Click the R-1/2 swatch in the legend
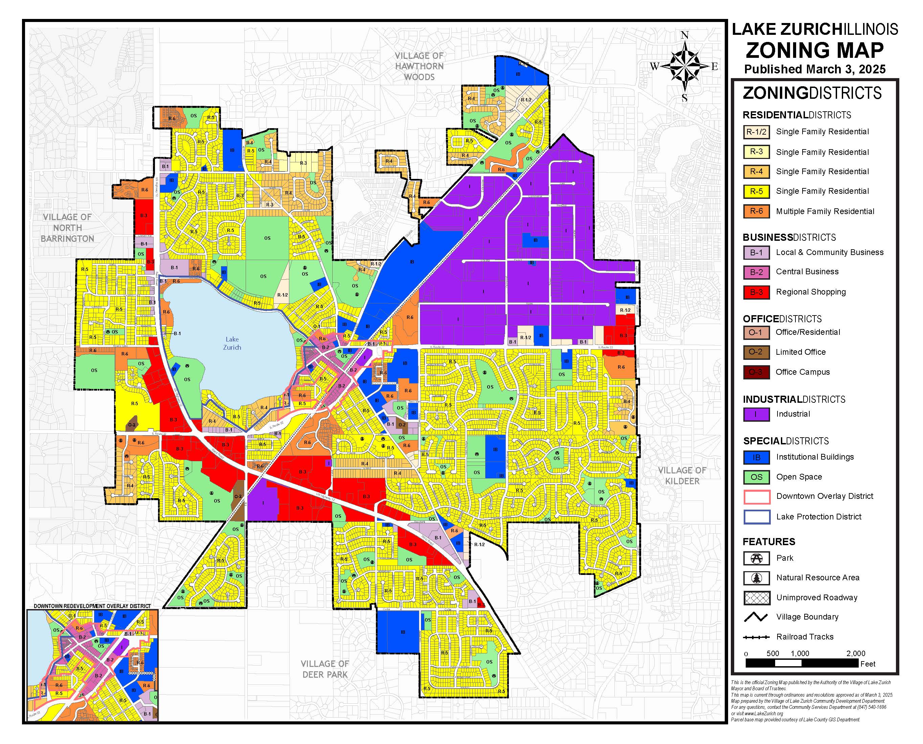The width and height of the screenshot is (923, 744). (x=756, y=132)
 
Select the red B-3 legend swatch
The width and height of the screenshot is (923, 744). (x=756, y=292)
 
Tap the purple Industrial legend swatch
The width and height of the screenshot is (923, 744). (x=756, y=414)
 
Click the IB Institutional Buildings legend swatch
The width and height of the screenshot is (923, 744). (x=756, y=457)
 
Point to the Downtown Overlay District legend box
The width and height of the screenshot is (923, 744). (x=756, y=497)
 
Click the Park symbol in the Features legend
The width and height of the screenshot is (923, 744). (x=757, y=558)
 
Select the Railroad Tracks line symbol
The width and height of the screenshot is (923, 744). (x=756, y=637)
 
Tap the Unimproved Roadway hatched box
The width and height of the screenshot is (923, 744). (x=757, y=598)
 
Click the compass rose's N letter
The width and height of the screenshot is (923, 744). (x=685, y=36)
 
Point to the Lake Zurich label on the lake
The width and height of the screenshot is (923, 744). (x=232, y=343)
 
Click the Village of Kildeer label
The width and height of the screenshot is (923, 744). (x=682, y=476)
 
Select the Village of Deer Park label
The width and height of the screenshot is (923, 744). (x=324, y=669)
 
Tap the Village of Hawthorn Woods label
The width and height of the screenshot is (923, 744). (x=419, y=66)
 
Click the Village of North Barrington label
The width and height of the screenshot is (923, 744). (x=67, y=228)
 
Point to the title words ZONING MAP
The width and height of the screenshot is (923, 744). (x=814, y=50)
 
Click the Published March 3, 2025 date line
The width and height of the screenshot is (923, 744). (x=814, y=69)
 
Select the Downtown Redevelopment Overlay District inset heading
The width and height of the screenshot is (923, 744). (x=92, y=606)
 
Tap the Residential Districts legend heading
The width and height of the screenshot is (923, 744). (x=796, y=115)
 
